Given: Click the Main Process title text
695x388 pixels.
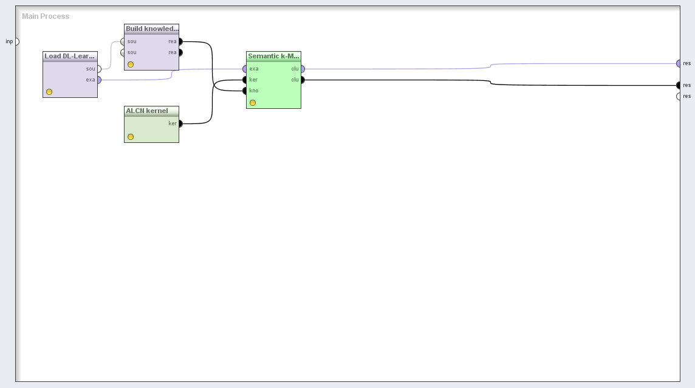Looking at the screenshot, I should [46, 16].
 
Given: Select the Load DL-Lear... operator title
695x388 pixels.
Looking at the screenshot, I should [70, 56].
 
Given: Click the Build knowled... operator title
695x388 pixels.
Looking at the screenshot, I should [151, 29].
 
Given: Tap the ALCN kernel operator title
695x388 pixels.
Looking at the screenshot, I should [147, 111].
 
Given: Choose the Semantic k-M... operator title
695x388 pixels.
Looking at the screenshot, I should [273, 56].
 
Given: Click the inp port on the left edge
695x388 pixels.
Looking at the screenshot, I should [16, 41].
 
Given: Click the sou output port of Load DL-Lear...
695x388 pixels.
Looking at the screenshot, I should [99, 69].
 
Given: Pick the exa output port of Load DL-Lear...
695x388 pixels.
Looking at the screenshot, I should [99, 80].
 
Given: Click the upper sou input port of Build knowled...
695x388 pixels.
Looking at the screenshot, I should [123, 41].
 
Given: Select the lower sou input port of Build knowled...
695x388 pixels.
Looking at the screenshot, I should [123, 52].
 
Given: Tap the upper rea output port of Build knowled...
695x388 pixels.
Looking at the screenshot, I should [180, 41].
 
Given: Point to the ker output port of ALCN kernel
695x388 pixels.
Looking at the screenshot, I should [180, 123].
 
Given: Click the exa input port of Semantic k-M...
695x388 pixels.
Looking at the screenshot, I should [245, 69].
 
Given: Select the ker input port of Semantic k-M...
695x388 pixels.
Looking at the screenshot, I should [245, 80].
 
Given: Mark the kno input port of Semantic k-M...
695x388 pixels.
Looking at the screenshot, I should [245, 91].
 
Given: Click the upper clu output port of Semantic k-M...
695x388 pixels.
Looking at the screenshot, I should [303, 69].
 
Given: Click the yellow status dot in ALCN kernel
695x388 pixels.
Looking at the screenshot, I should [131, 137].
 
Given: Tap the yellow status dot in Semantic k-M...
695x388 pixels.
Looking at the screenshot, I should [253, 103].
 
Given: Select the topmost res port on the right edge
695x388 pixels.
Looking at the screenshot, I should [679, 63].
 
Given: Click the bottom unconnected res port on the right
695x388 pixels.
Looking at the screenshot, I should [679, 96].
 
